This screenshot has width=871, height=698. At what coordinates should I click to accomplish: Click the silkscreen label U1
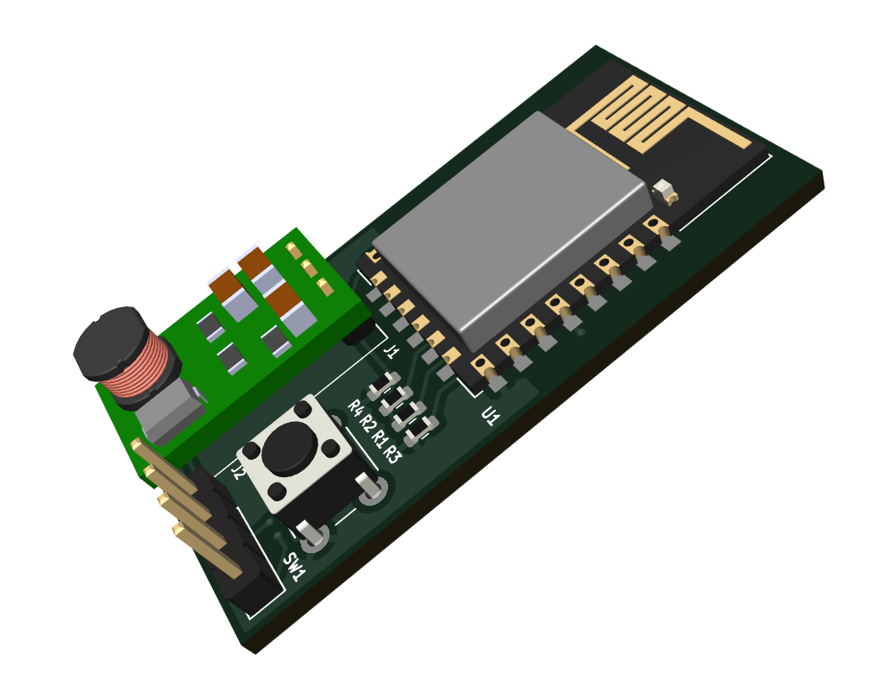pos(491,416)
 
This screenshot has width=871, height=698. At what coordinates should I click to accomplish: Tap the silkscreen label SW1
pos(294,566)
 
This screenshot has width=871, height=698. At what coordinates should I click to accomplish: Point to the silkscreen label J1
pos(392,351)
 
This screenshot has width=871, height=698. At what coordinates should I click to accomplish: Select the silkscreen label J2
pos(238,472)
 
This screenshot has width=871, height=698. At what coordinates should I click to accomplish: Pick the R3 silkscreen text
pos(392,454)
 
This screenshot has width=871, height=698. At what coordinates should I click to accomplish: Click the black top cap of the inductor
pos(110,341)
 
